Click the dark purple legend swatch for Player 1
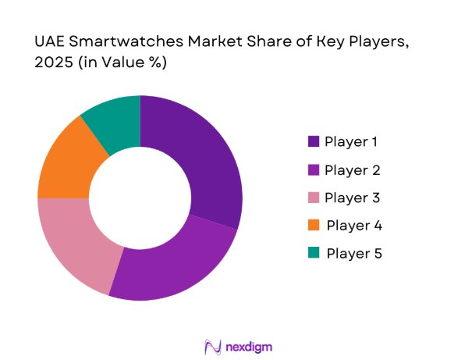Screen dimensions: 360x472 click(x=314, y=142)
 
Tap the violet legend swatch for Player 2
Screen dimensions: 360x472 click(x=314, y=170)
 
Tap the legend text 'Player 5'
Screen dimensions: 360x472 click(x=355, y=254)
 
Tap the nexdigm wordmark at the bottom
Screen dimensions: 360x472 click(x=249, y=346)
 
